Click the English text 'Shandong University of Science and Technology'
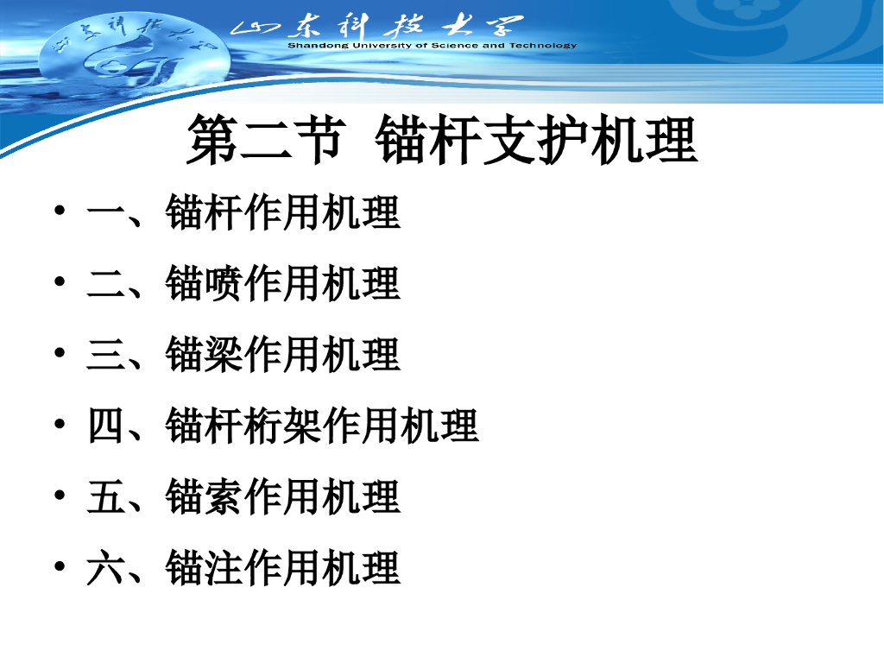click(433, 45)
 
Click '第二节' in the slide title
click(266, 139)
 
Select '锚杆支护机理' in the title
click(536, 139)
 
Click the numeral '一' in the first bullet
click(105, 212)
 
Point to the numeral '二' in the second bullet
click(105, 283)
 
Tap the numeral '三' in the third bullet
click(105, 355)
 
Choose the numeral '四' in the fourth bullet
click(105, 426)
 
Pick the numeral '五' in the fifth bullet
click(105, 496)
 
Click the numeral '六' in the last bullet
click(105, 568)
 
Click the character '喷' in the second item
click(224, 283)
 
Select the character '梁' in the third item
click(224, 355)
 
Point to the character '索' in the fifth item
click(224, 496)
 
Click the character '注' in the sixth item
click(224, 568)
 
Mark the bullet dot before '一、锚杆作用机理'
click(60, 211)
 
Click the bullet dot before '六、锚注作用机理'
click(60, 566)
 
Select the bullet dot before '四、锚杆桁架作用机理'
click(60, 424)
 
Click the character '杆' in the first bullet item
click(224, 212)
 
